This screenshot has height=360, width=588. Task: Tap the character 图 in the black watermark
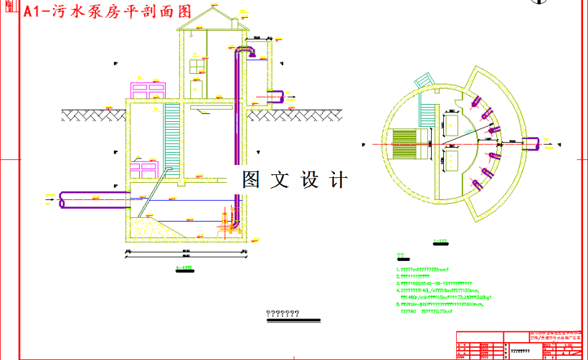[x=250, y=180]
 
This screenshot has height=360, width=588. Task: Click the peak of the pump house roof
[x=212, y=8]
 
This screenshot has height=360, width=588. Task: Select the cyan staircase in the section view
[x=172, y=136]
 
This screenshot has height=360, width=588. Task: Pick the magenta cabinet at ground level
[x=147, y=91]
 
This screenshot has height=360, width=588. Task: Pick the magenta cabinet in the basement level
[x=143, y=171]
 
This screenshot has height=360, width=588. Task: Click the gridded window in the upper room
[x=198, y=67]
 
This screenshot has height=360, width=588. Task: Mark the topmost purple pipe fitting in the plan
[x=475, y=103]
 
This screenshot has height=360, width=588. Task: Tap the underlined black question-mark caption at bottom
[x=283, y=314]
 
